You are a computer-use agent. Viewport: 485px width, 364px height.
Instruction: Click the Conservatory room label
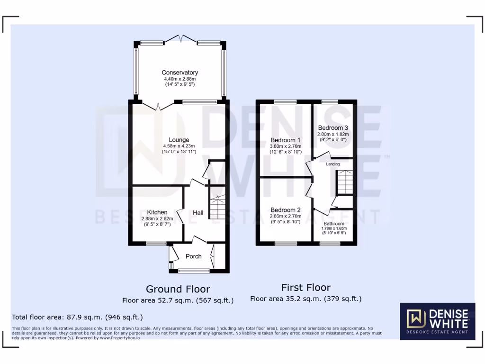click(x=180, y=73)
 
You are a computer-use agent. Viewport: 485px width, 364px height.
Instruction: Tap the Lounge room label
click(x=179, y=140)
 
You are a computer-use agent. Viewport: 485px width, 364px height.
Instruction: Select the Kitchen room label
click(x=157, y=212)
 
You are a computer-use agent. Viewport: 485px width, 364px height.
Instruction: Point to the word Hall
click(x=198, y=213)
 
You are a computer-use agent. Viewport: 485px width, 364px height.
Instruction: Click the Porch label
click(x=193, y=256)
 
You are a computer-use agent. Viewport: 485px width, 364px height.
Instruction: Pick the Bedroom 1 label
click(x=286, y=140)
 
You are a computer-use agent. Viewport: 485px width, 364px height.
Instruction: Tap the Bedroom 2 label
click(x=286, y=210)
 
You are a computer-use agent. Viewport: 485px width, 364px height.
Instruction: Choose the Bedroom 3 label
click(x=333, y=127)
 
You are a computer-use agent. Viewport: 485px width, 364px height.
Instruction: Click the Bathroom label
click(x=334, y=223)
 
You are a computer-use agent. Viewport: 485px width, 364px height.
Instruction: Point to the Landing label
click(x=333, y=164)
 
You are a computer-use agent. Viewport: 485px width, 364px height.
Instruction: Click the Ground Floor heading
click(x=178, y=289)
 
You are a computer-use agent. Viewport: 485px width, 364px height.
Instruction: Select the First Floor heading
click(x=306, y=287)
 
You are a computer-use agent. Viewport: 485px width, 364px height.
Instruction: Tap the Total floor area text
click(x=77, y=317)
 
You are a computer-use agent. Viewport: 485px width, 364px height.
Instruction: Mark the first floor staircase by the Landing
click(x=345, y=182)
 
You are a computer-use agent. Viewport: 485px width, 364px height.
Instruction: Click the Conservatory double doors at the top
click(x=180, y=39)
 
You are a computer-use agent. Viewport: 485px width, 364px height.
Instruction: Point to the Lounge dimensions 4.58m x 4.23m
click(x=179, y=146)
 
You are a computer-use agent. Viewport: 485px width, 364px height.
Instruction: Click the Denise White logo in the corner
click(x=437, y=321)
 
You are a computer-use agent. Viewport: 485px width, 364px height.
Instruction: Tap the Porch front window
click(x=194, y=271)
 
